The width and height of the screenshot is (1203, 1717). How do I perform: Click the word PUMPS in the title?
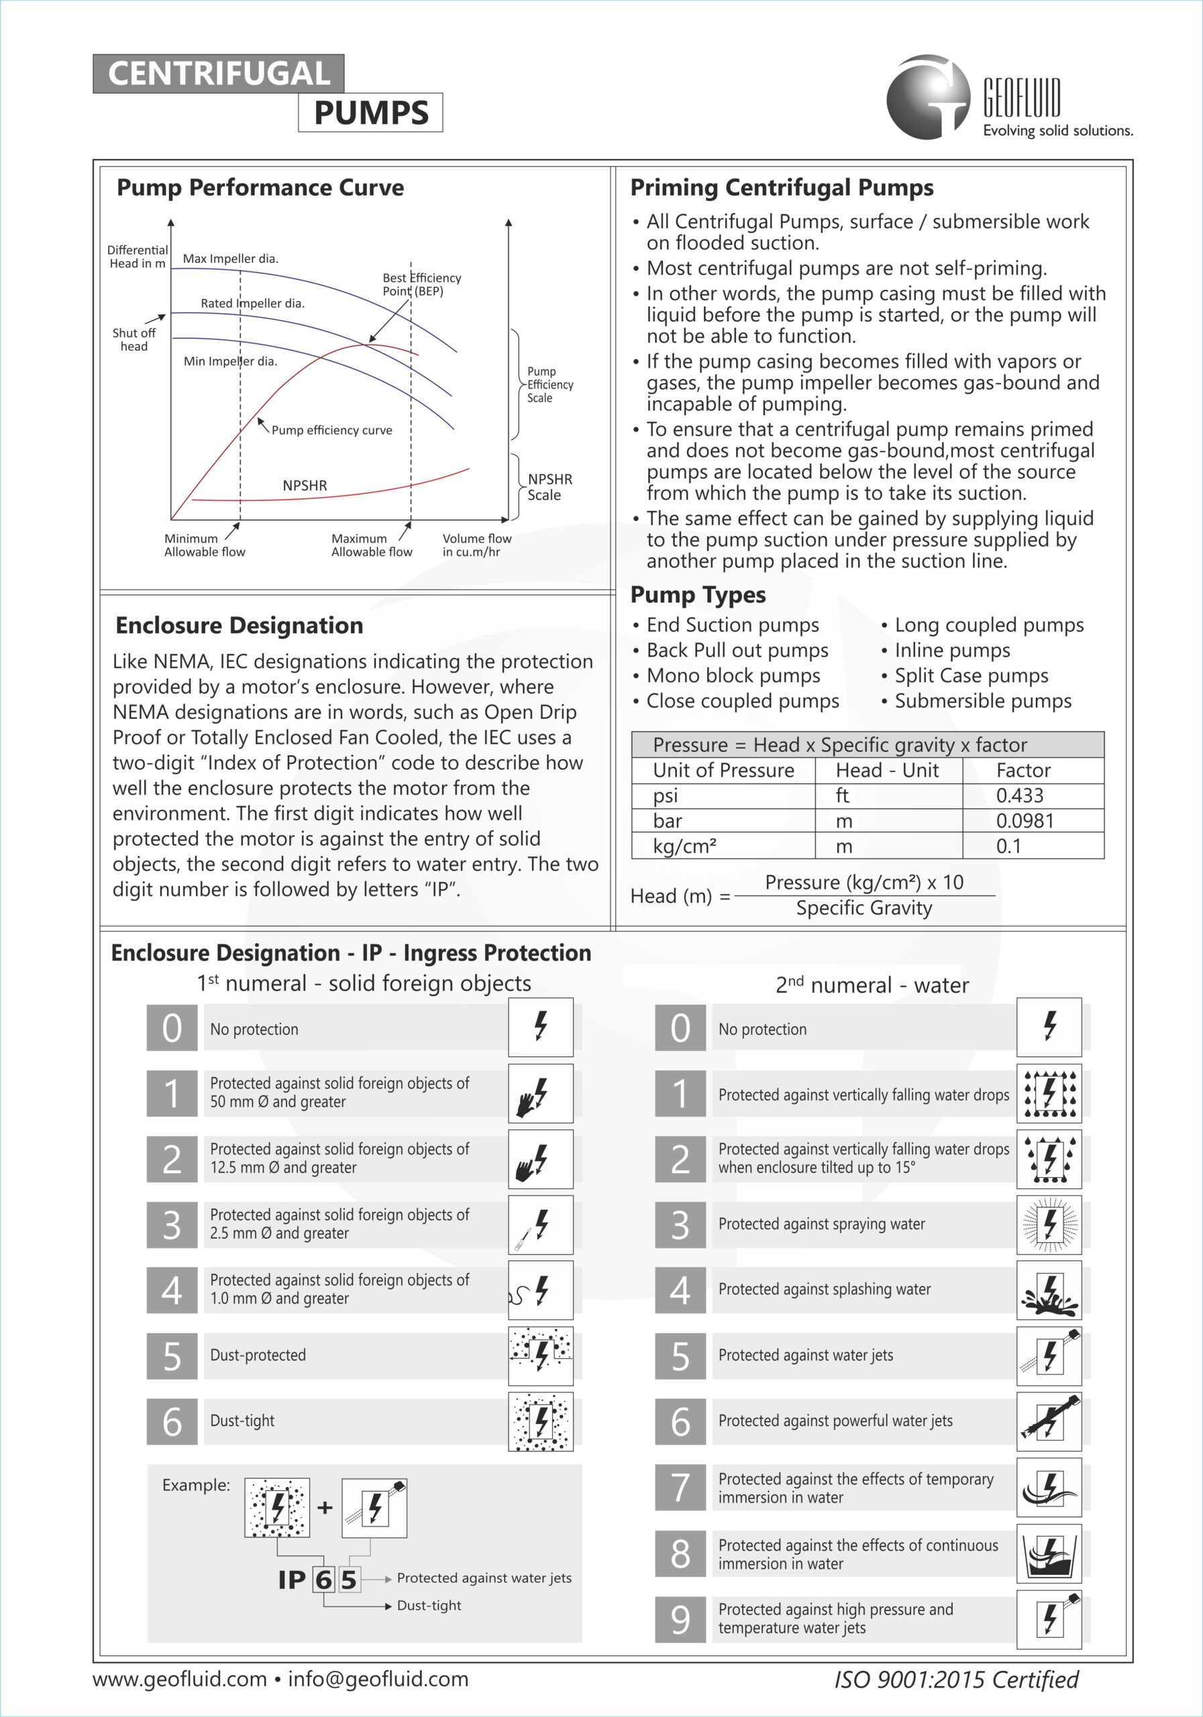(370, 113)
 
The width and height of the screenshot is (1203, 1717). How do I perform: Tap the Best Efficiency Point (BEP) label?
(421, 284)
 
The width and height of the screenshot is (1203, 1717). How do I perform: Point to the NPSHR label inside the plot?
(305, 486)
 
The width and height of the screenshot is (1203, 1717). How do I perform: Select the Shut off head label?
(134, 339)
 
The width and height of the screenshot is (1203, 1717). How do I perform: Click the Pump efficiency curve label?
(331, 430)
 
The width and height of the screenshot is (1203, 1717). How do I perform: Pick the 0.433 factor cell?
(1019, 795)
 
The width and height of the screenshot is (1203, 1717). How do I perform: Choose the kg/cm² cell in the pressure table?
(684, 846)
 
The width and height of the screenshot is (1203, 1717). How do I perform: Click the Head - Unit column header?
(886, 770)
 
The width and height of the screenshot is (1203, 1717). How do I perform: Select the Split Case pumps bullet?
(971, 676)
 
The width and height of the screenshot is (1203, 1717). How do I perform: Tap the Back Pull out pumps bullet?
(737, 651)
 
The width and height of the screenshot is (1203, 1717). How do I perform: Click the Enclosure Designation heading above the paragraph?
(240, 625)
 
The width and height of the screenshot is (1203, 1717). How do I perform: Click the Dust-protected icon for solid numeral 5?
(540, 1355)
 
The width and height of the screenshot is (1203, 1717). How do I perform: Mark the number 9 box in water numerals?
(680, 1620)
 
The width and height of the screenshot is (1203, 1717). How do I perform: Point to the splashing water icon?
(1049, 1290)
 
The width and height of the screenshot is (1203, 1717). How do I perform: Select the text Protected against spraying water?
(821, 1224)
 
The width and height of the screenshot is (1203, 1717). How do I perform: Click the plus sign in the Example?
(325, 1508)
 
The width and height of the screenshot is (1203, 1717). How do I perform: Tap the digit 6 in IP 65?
(323, 1580)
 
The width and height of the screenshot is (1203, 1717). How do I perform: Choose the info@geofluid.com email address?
(378, 1679)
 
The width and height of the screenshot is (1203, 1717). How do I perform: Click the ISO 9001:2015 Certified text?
(956, 1679)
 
